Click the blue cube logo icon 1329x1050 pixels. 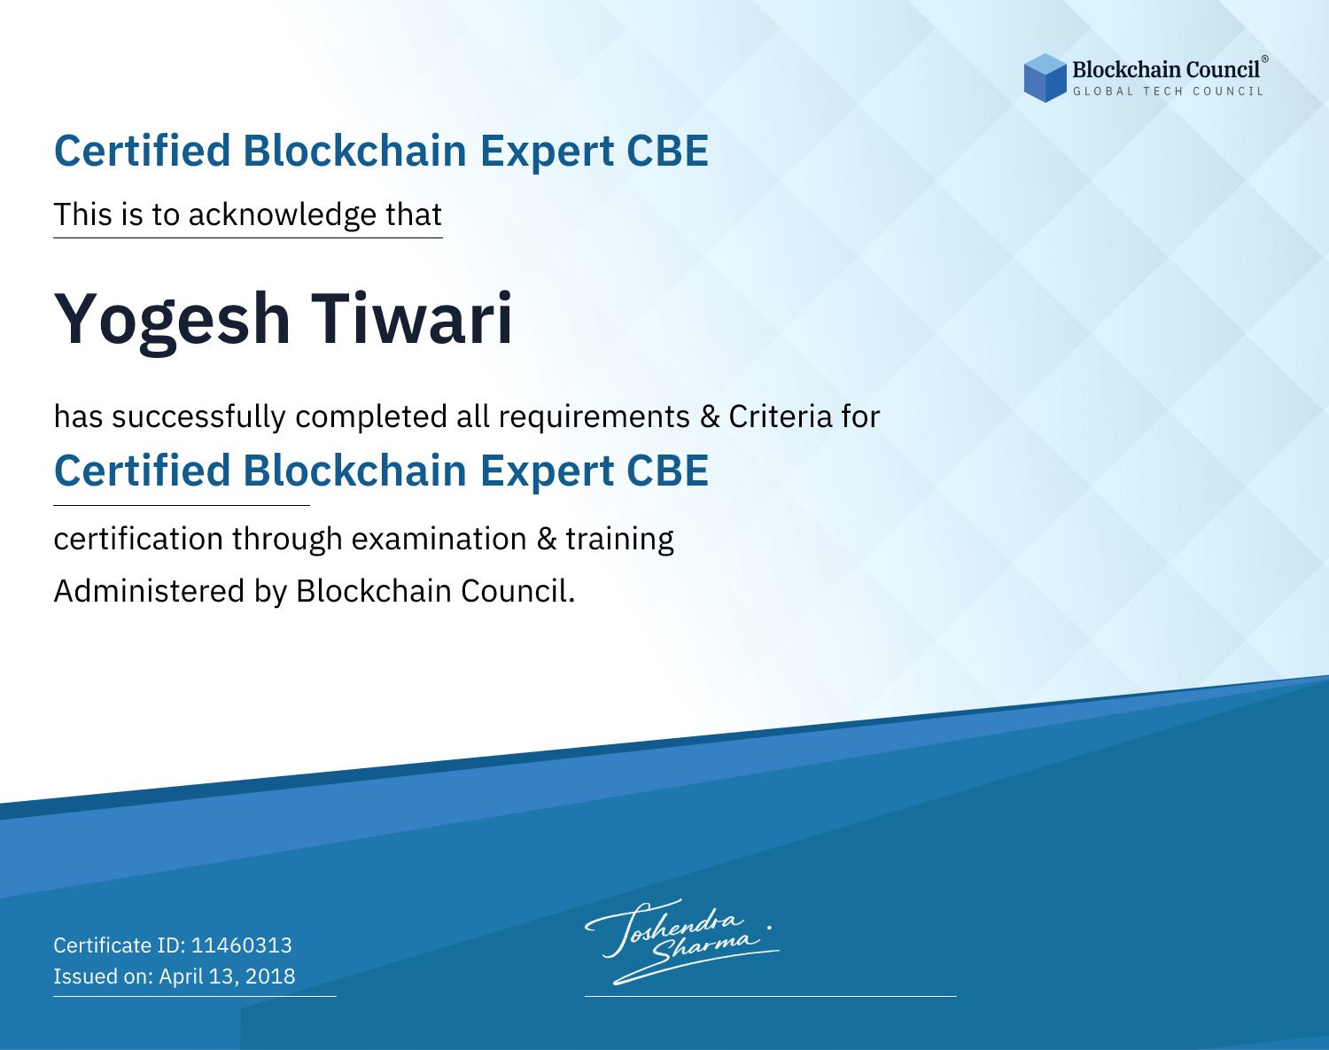click(x=1045, y=78)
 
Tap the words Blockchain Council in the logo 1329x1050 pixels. click(x=1165, y=70)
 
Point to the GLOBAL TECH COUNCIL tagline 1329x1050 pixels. click(x=1168, y=91)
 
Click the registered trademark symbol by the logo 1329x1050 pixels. click(x=1264, y=59)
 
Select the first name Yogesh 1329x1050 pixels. click(x=172, y=321)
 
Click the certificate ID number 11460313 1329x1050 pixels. click(x=242, y=945)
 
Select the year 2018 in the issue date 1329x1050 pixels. click(x=270, y=976)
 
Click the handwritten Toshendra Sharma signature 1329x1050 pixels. click(x=682, y=941)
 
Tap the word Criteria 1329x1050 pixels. click(x=780, y=416)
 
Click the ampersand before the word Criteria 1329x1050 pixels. click(x=710, y=417)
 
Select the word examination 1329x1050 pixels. click(x=439, y=539)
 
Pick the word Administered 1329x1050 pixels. click(x=149, y=591)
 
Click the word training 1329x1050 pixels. click(x=619, y=540)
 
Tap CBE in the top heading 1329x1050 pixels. click(x=667, y=151)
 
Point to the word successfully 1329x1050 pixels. click(x=198, y=417)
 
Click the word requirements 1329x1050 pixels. click(x=594, y=417)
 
